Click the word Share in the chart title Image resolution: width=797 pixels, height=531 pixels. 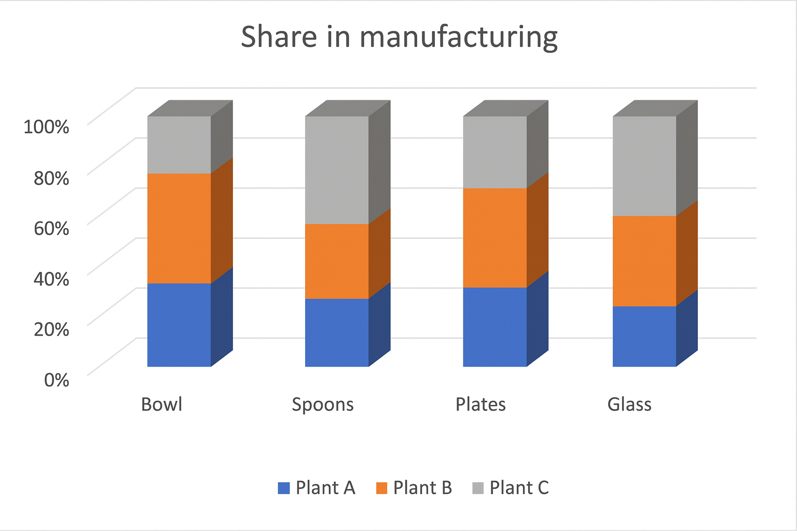point(279,37)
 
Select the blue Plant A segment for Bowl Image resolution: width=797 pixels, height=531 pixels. point(179,325)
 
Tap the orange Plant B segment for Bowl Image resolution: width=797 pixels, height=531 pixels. point(179,228)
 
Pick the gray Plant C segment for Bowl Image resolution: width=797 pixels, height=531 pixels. point(179,145)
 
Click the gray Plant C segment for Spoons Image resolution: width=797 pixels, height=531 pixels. point(337,170)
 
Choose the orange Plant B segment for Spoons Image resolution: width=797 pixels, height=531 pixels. point(337,261)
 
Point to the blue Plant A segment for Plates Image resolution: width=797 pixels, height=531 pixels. point(494,327)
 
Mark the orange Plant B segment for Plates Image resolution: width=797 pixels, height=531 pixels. point(494,237)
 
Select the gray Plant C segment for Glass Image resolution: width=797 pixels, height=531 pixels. point(644,166)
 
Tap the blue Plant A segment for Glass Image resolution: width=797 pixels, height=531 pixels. point(644,336)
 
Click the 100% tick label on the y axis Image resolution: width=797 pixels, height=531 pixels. point(47,127)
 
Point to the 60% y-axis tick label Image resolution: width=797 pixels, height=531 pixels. point(51,228)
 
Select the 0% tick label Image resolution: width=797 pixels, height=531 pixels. point(57,380)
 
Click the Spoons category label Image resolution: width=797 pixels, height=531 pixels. point(323,404)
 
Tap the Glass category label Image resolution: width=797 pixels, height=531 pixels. point(629,404)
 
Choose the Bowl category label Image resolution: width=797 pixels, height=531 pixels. point(162,404)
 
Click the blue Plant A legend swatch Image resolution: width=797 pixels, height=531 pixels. point(284,488)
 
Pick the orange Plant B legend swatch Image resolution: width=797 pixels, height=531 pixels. point(381,488)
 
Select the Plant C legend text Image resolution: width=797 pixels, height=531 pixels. point(519,488)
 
